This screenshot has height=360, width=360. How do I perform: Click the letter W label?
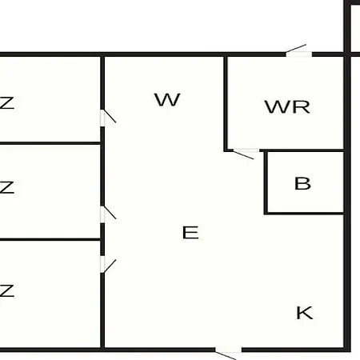tap(167, 100)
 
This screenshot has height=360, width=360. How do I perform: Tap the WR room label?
tap(287, 107)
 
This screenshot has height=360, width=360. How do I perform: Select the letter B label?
tap(302, 183)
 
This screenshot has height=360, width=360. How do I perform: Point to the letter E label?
tap(190, 233)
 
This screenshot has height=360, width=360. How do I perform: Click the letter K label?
tap(305, 313)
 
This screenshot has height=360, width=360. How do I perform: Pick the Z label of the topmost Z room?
tap(6, 103)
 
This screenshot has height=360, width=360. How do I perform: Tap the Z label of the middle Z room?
tap(6, 187)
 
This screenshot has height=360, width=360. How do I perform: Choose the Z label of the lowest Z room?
tap(6, 290)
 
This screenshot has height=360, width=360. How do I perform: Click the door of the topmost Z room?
tap(108, 118)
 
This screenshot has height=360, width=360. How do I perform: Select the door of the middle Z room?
tap(108, 214)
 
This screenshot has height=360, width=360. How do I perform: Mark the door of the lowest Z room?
tap(108, 265)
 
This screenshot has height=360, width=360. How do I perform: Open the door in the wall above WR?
tap(298, 51)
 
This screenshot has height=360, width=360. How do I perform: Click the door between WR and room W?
tap(246, 154)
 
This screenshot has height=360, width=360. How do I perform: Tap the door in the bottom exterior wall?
tap(228, 352)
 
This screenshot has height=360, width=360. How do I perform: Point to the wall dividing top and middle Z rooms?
tap(50, 143)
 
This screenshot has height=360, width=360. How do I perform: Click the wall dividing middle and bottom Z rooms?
tap(50, 240)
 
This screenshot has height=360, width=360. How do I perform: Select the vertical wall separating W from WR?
tap(226, 104)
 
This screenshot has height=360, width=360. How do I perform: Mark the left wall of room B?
tap(266, 182)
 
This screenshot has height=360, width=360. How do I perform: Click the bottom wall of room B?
tap(304, 214)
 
